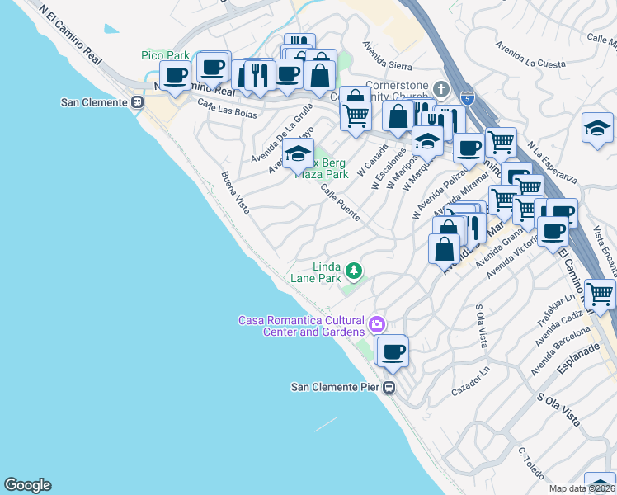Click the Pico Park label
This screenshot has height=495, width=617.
(x=165, y=55)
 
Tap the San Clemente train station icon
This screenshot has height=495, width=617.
(x=138, y=102)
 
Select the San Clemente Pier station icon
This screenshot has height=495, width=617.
(x=389, y=387)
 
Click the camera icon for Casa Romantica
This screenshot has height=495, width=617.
(x=377, y=323)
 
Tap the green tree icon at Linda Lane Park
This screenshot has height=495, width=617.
(x=353, y=270)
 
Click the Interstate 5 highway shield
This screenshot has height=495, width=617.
(x=468, y=97)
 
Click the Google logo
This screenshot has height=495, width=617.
(x=27, y=485)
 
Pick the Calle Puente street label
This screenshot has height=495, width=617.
(x=340, y=202)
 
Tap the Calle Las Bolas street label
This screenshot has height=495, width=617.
(x=216, y=109)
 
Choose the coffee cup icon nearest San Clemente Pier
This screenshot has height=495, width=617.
(x=392, y=351)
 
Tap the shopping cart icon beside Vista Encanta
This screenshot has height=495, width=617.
(x=600, y=293)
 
